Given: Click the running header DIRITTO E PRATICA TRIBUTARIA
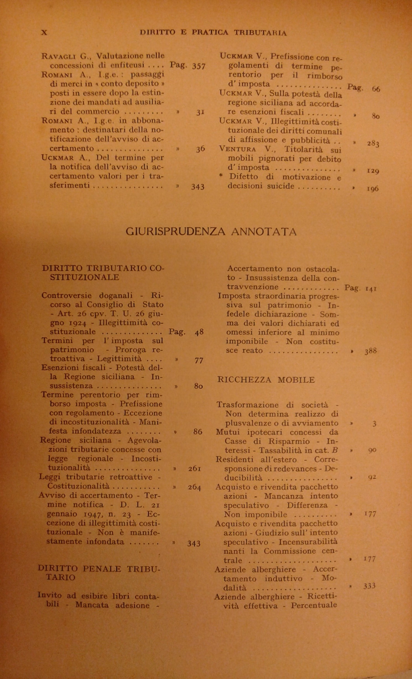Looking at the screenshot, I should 213,33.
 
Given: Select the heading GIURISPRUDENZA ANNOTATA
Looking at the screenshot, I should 211,232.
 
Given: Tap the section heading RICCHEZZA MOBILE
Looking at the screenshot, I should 266,380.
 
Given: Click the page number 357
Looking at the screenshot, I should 199,66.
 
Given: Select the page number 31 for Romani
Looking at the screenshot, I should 200,112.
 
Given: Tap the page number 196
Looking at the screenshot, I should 373,189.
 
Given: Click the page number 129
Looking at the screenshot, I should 373,170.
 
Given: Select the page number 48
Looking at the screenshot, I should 199,332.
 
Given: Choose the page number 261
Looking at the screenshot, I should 194,469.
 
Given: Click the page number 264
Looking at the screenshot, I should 194,487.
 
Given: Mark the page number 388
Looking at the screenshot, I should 371,351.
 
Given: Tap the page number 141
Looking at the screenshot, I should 371,289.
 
